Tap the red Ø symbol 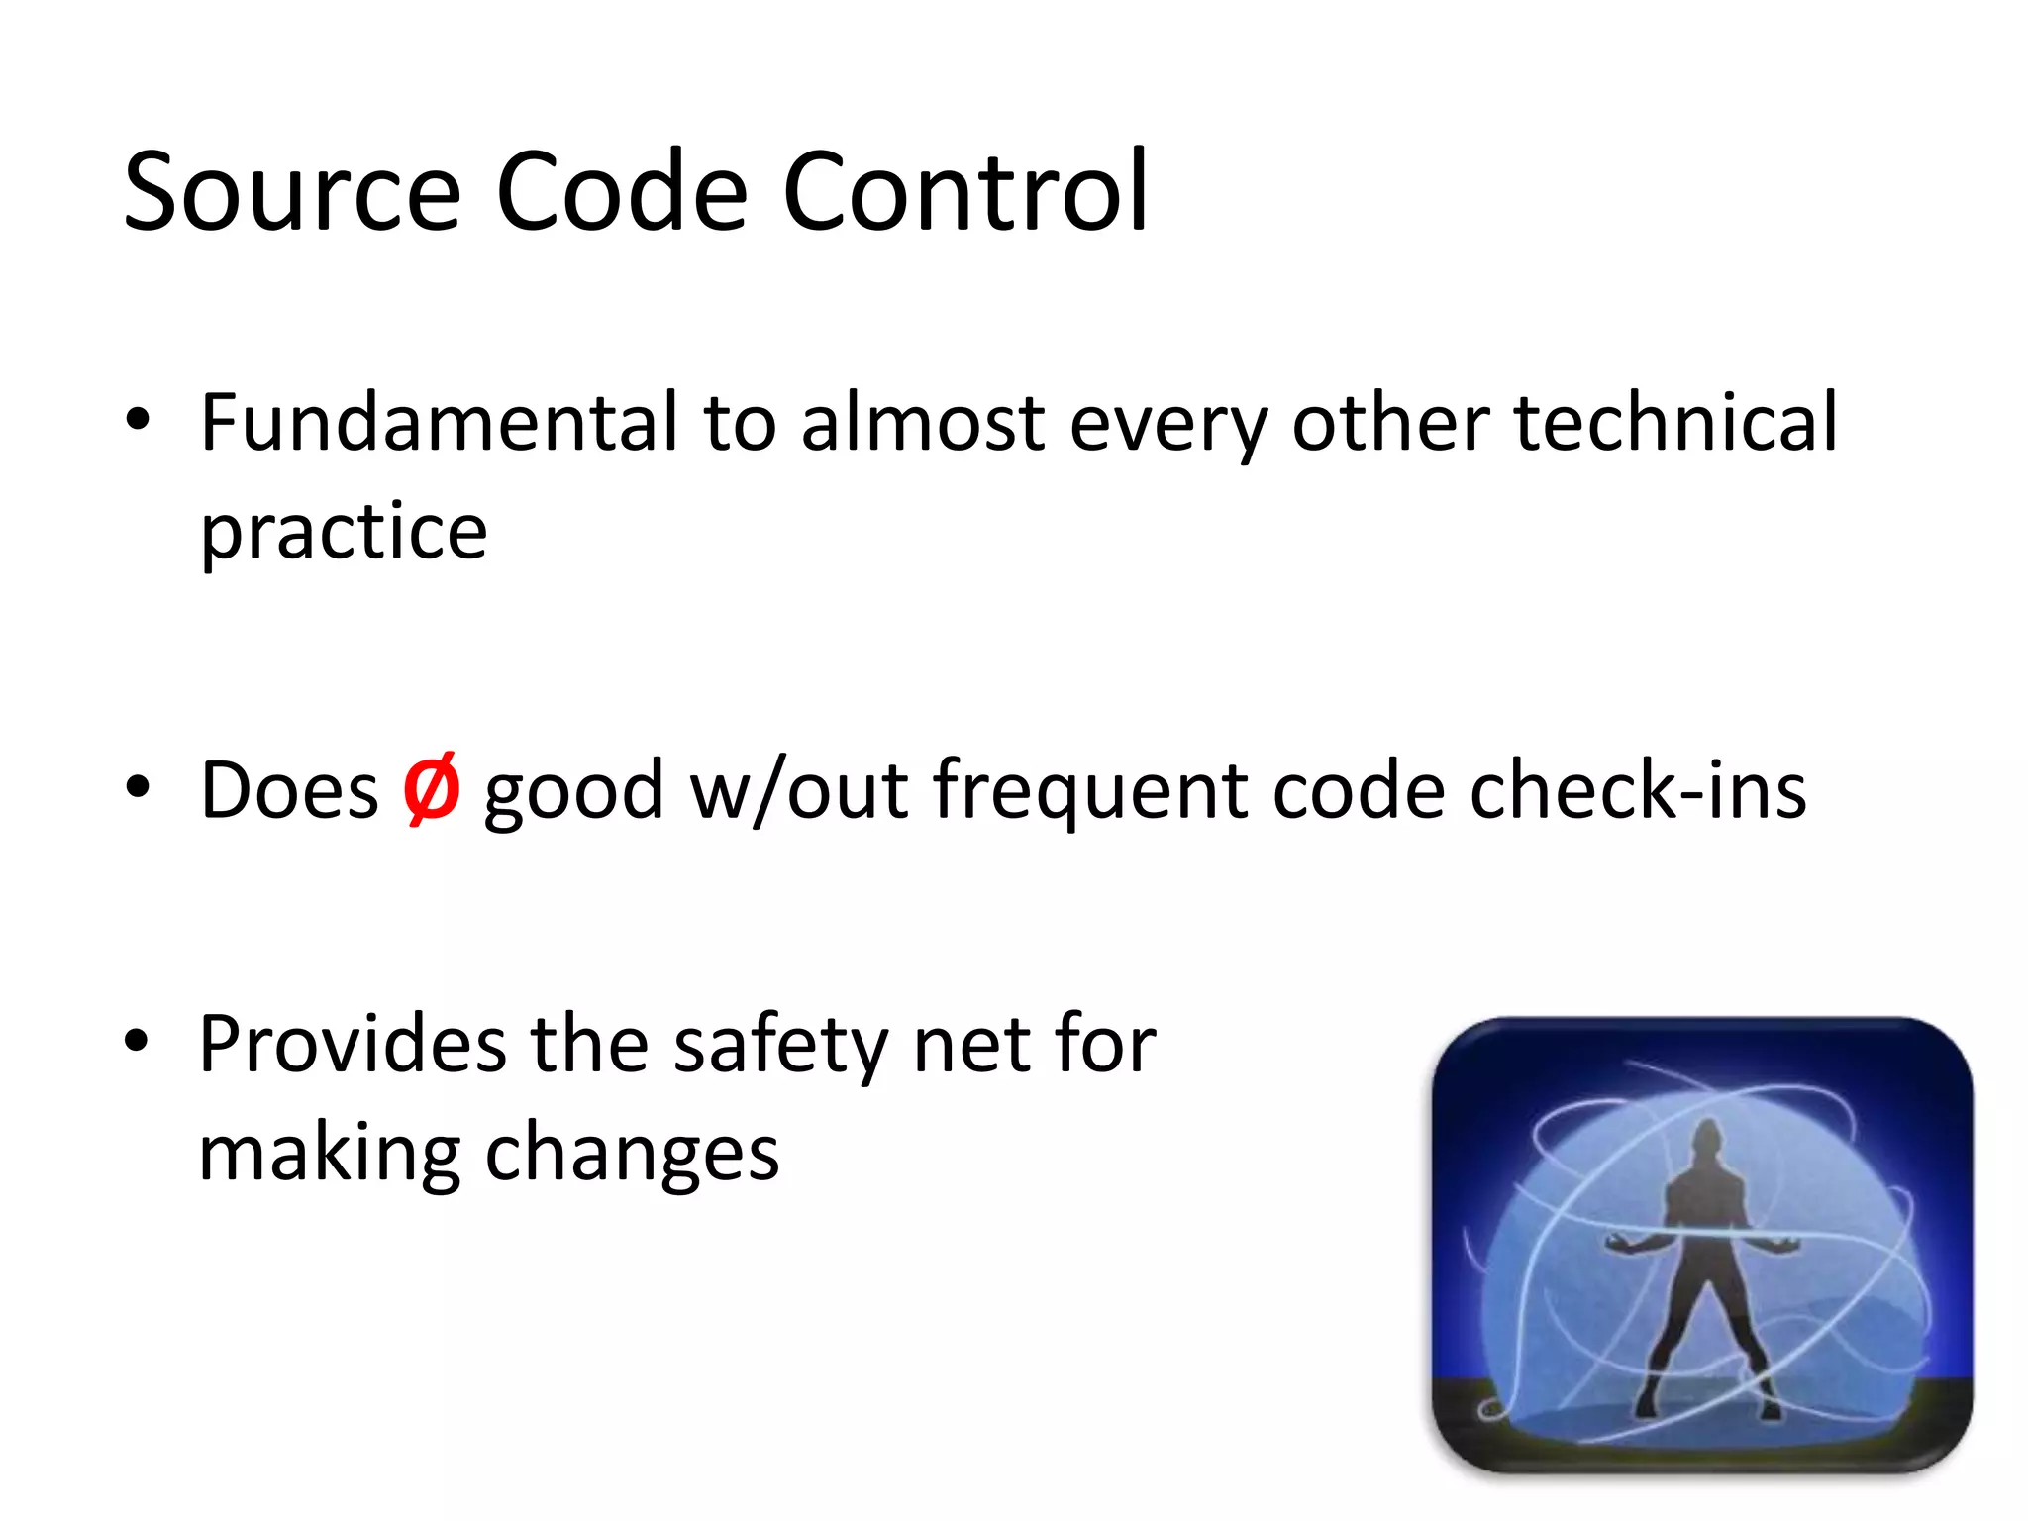pos(431,790)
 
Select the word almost pos(923,423)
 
